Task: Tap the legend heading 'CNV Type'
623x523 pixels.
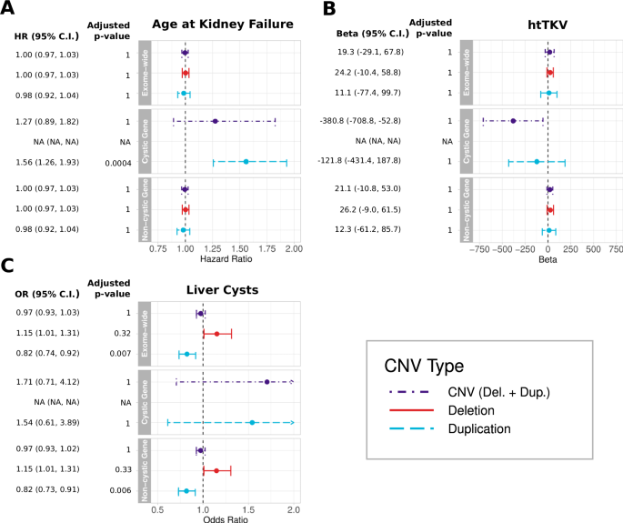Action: coord(425,367)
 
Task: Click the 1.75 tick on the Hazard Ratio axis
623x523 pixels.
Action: coord(266,248)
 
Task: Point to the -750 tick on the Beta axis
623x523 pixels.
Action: coord(478,248)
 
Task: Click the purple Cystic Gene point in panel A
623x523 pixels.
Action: coord(216,121)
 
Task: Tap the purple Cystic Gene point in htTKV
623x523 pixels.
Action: coord(513,121)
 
